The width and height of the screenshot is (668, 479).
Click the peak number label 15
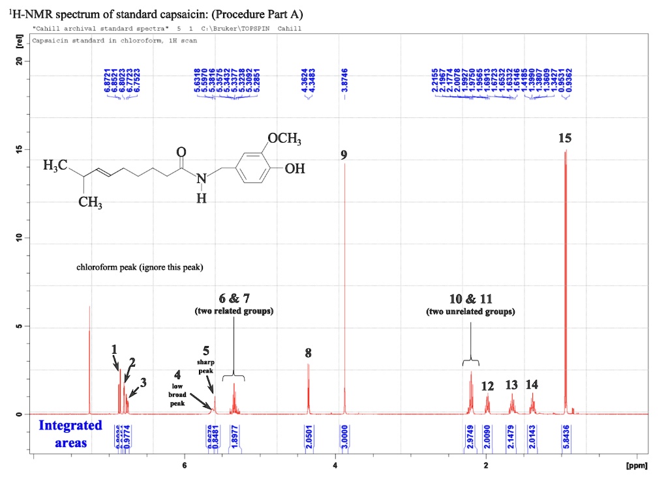click(x=565, y=138)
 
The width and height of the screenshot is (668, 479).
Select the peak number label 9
click(x=344, y=155)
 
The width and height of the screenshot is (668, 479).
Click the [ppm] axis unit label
click(x=635, y=467)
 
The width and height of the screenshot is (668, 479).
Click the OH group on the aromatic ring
click(x=295, y=169)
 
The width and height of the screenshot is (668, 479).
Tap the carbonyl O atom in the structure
click(x=181, y=152)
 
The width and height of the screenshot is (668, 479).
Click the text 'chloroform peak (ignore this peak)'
click(x=140, y=267)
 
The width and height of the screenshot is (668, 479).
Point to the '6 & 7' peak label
click(x=234, y=298)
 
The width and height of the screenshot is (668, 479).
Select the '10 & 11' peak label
click(x=471, y=298)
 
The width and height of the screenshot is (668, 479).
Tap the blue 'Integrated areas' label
click(x=70, y=434)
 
